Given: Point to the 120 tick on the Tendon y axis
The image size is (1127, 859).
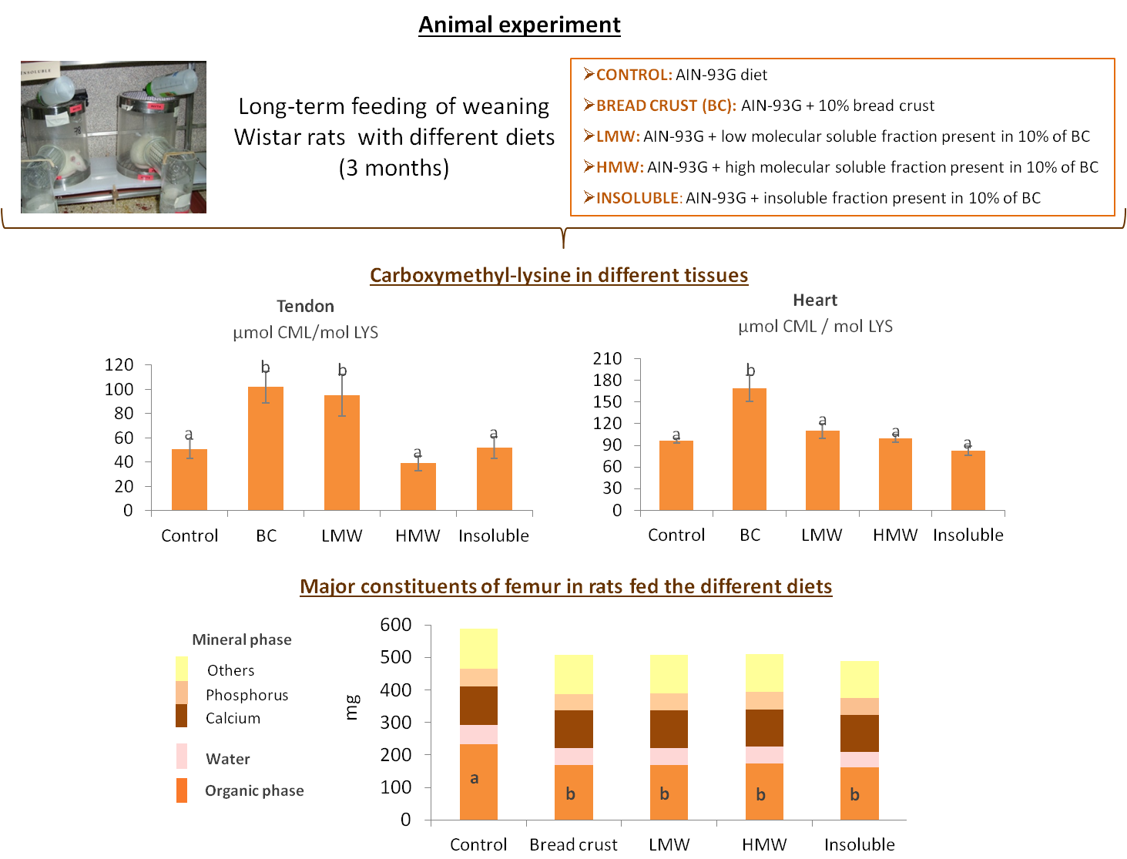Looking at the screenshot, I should pos(119,364).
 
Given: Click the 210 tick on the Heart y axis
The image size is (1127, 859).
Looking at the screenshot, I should pos(607,358).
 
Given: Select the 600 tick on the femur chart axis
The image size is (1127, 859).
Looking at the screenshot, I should pos(396,624).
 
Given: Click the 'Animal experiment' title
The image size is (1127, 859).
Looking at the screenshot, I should pos(519,25).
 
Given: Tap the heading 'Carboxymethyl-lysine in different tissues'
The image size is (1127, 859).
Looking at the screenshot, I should pos(558,275).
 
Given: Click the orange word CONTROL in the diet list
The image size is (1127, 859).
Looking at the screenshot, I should pos(633,75).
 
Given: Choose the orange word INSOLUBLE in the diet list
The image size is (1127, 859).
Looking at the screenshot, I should pos(639,198).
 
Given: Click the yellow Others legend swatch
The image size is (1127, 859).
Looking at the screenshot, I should pos(182,668).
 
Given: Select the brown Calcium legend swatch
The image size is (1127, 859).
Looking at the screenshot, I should pos(182,716).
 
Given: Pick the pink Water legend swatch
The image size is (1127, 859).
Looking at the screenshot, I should pos(182,756).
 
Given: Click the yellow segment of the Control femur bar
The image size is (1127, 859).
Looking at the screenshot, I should pos(478,648).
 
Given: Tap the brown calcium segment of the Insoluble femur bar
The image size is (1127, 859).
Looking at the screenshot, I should pos(859,733).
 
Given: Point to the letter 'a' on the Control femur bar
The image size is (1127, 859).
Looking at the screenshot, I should pos(475,778).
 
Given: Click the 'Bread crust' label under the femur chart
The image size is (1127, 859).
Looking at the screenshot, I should pos(573,844).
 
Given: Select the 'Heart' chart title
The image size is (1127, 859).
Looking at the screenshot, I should pos(815,300).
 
